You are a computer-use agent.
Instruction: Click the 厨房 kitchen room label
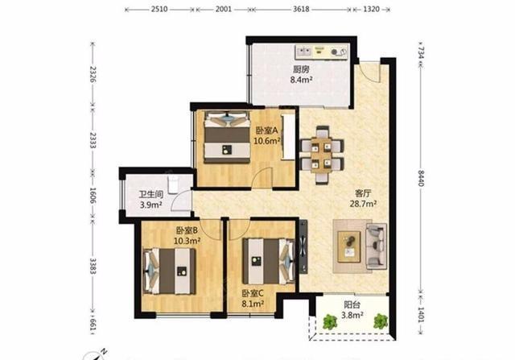[x=302, y=69]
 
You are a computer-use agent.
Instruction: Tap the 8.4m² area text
[x=301, y=80]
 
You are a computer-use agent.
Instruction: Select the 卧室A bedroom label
[x=267, y=130]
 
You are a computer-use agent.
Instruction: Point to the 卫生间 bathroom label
[x=151, y=194]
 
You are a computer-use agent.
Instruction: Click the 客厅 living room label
[x=363, y=192]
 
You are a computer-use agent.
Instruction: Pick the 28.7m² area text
[x=363, y=204]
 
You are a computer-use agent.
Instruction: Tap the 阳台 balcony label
[x=352, y=304]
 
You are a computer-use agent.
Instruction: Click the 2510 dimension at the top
[x=159, y=9]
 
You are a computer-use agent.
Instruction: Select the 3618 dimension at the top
[x=301, y=9]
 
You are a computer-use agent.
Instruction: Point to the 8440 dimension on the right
[x=422, y=177]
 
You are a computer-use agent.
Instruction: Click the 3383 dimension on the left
[x=93, y=267]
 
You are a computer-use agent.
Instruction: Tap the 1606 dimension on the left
[x=93, y=195]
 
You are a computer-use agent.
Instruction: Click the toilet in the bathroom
[x=173, y=185]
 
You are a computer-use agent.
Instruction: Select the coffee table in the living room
[x=349, y=246]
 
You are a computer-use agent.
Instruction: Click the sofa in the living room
[x=376, y=246]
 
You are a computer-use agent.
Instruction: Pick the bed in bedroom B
[x=170, y=271]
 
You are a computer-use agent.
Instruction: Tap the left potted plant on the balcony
[x=330, y=322]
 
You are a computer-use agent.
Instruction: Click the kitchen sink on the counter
[x=304, y=52]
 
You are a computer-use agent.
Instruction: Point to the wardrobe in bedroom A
[x=288, y=137]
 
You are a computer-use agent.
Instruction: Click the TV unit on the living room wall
[x=303, y=246]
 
